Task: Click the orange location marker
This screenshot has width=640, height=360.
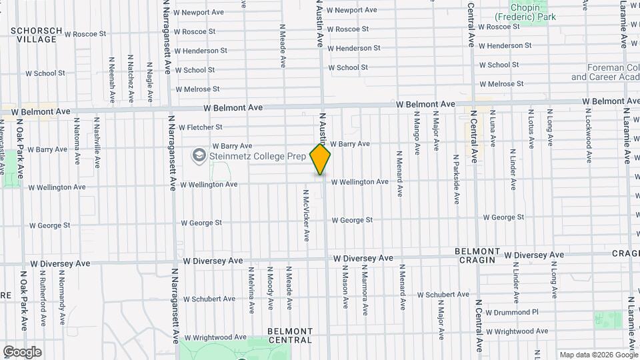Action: (x=321, y=159)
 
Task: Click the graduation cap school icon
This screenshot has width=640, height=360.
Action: (x=198, y=156)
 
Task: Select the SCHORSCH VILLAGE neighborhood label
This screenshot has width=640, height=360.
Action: (x=37, y=35)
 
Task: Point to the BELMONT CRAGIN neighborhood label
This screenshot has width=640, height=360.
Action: (x=477, y=255)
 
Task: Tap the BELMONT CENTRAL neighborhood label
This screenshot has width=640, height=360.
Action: (x=290, y=335)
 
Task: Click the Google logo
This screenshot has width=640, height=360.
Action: (x=22, y=352)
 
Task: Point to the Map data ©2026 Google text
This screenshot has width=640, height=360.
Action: (x=598, y=355)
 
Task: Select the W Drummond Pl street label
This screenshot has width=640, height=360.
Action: (x=512, y=312)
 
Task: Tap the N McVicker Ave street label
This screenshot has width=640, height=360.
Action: (x=307, y=217)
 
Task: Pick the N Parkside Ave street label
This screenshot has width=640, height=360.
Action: (x=456, y=179)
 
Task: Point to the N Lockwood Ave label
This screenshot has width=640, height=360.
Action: (x=589, y=136)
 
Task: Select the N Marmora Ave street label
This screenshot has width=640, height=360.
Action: (x=364, y=287)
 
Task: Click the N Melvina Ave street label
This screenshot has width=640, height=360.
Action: (x=251, y=290)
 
